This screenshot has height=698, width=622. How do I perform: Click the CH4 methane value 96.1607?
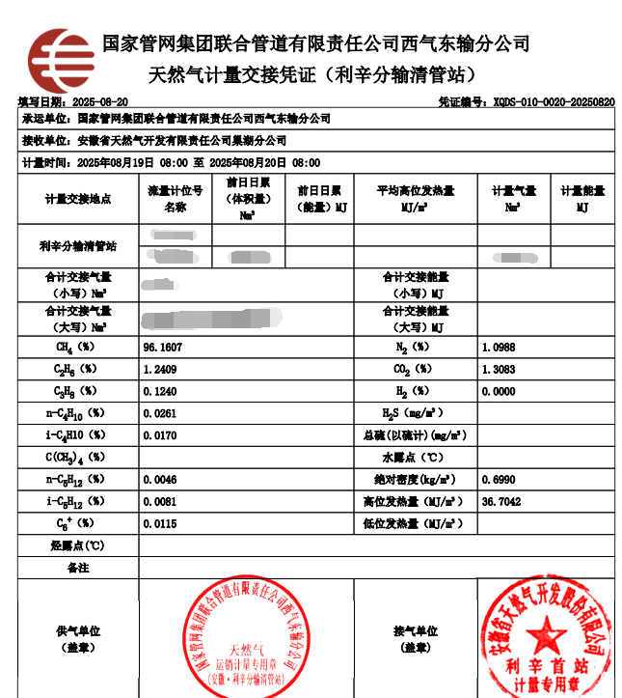(162, 346)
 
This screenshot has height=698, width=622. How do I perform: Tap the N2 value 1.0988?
(499, 346)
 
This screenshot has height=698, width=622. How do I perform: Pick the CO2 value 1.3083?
(499, 369)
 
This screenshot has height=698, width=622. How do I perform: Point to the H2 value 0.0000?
(499, 391)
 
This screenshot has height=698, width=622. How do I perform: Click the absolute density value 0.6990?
(499, 479)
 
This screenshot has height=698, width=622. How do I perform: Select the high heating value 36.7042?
(501, 501)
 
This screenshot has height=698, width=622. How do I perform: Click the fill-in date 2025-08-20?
(100, 101)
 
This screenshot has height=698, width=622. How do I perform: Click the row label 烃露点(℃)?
(77, 545)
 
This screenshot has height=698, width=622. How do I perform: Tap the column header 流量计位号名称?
(175, 199)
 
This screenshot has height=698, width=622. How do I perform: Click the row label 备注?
(77, 568)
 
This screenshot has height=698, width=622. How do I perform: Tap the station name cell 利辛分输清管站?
(77, 246)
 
